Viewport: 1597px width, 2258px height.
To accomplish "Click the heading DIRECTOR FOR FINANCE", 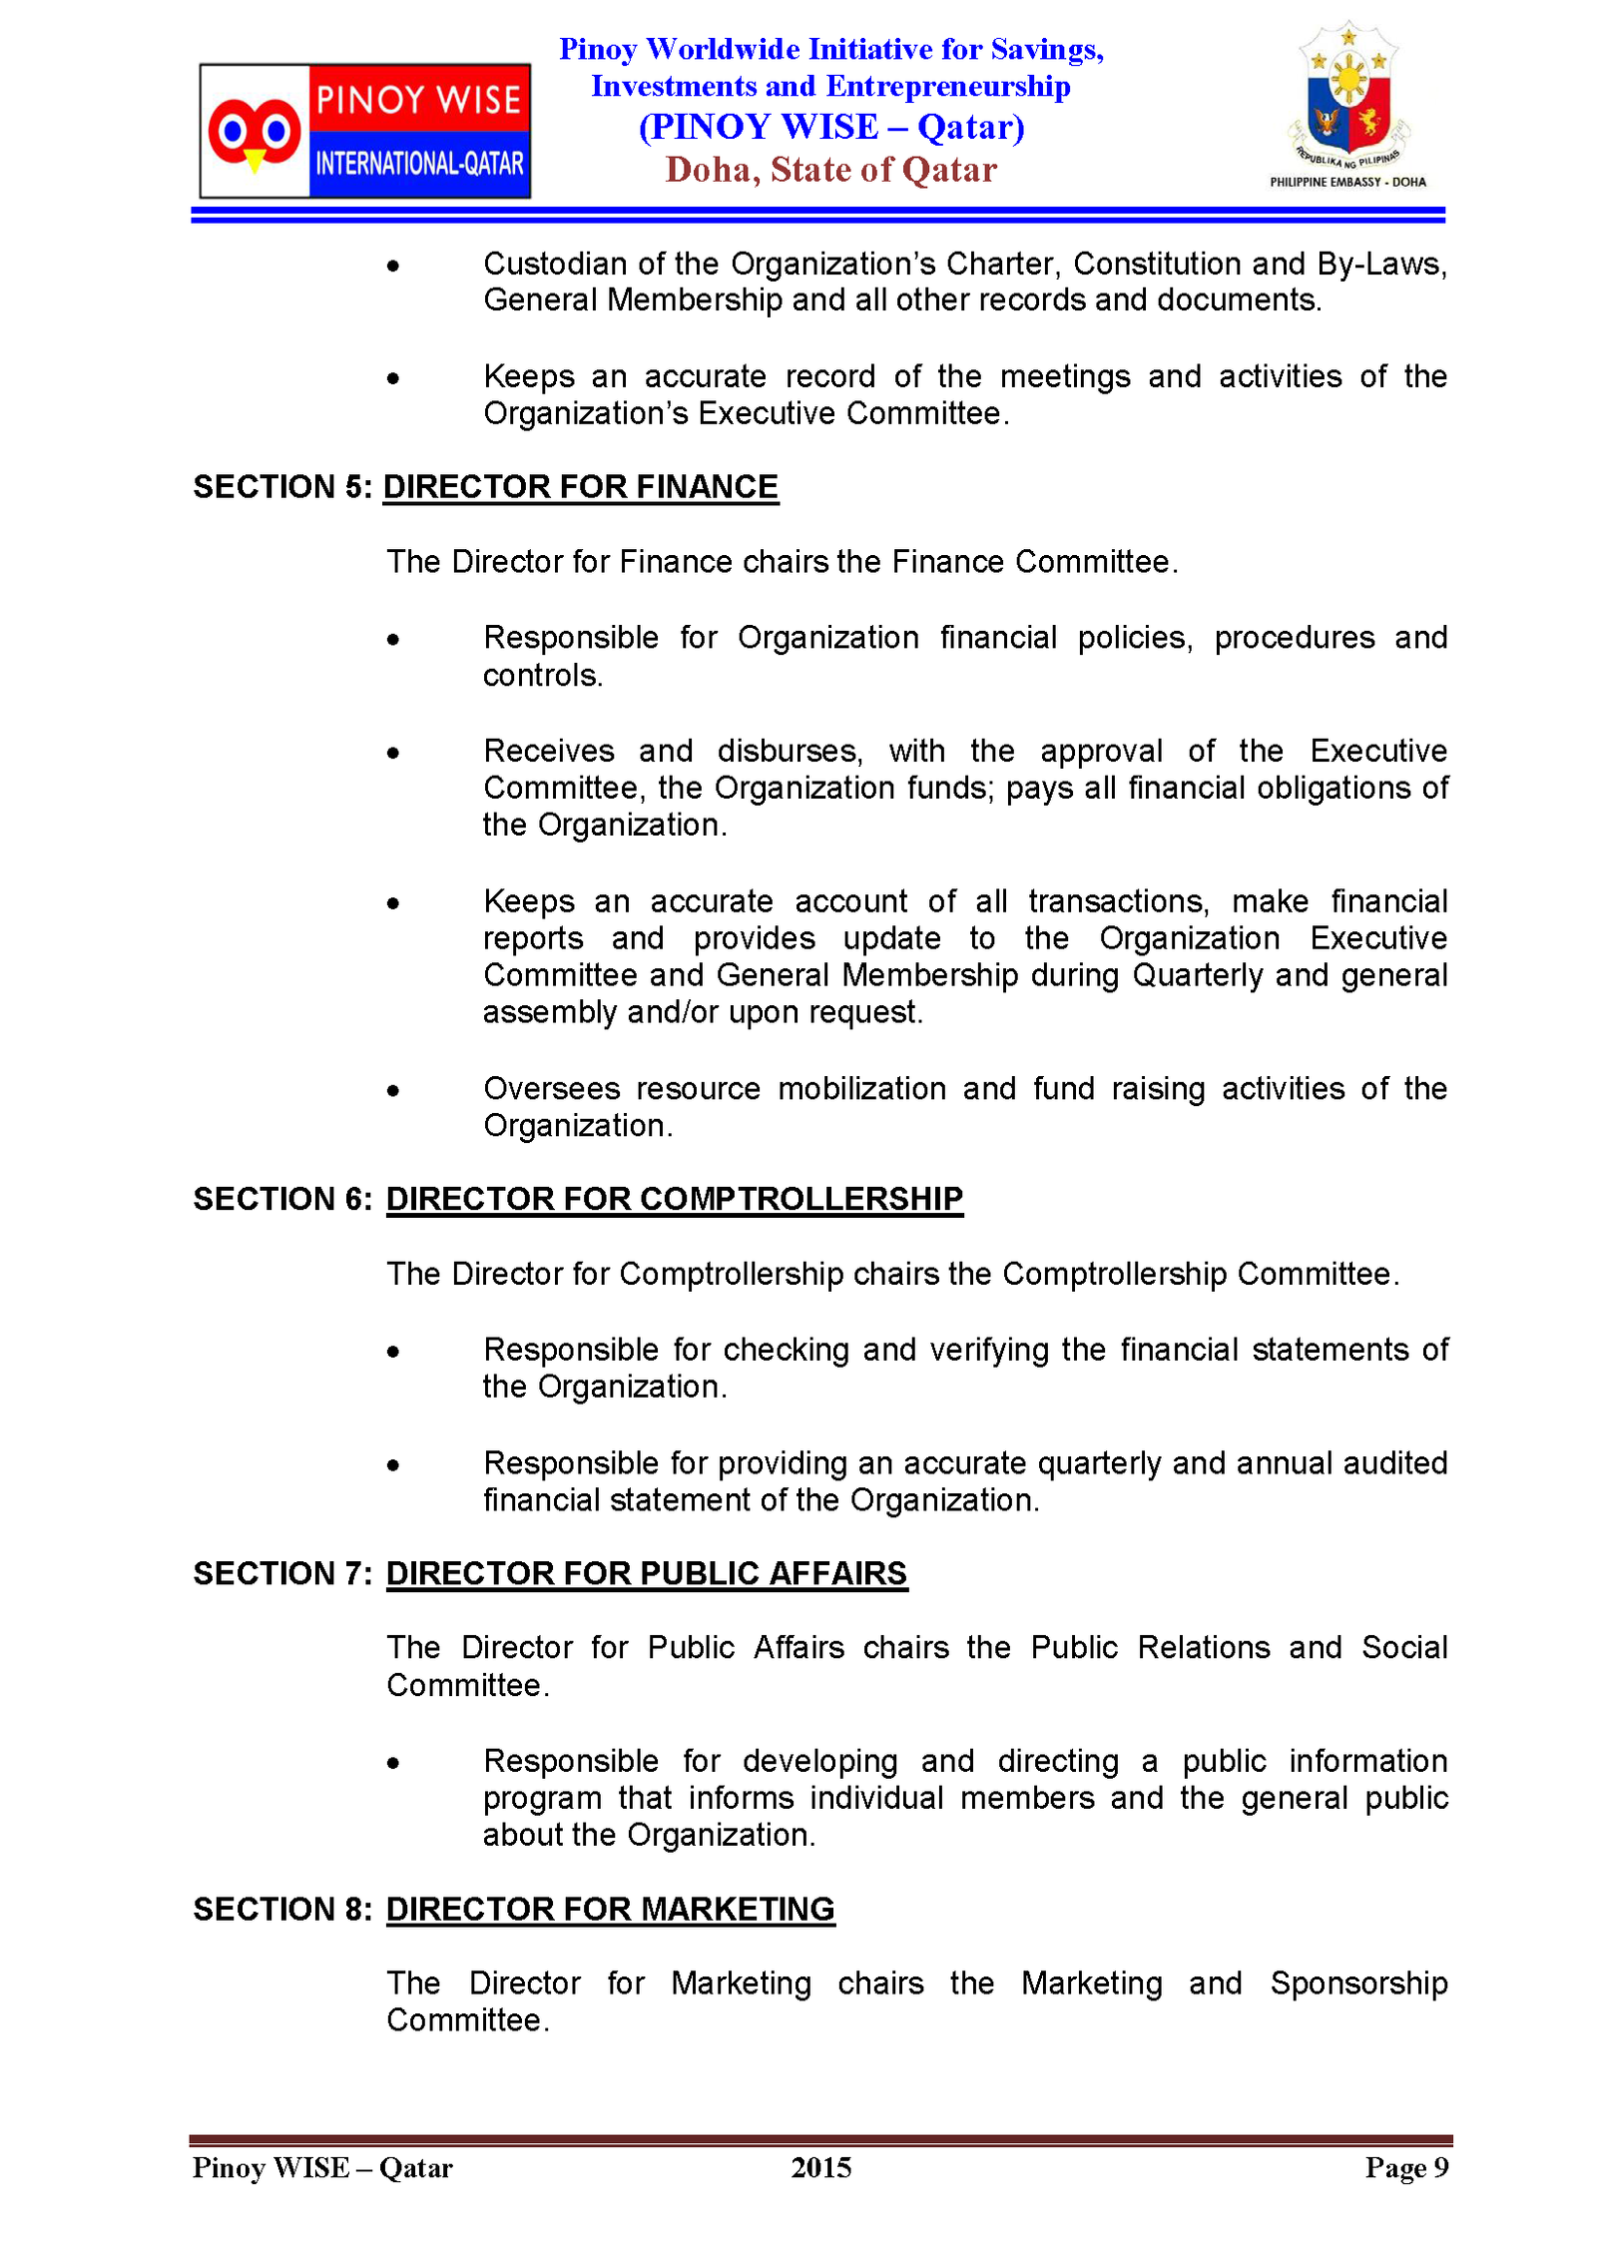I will [x=580, y=487].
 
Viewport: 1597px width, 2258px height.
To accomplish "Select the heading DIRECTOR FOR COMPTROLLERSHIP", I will [x=674, y=1199].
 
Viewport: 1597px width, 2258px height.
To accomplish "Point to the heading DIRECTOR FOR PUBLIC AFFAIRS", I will [x=646, y=1573].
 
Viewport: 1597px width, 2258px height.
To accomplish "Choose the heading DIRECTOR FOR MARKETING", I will [x=610, y=1909].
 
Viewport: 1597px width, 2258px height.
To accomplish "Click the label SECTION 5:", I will [x=282, y=487].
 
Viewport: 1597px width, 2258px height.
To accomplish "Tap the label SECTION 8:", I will [x=282, y=1909].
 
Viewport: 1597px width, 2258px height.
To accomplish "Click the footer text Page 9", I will [x=1406, y=2167].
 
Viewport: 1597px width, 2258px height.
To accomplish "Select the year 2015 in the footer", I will [x=820, y=2167].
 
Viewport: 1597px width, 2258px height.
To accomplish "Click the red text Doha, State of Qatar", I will [x=830, y=170].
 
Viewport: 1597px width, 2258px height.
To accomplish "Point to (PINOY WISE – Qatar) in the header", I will [x=830, y=127].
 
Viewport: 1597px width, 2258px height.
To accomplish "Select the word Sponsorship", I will [x=1357, y=1983].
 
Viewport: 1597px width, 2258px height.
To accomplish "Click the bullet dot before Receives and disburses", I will [x=393, y=754].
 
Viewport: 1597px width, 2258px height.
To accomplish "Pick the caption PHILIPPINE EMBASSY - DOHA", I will [x=1347, y=182].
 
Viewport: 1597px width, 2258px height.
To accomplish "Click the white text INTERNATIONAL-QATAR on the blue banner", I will [x=419, y=164].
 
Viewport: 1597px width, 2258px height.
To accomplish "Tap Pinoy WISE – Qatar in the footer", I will [x=322, y=2167].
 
